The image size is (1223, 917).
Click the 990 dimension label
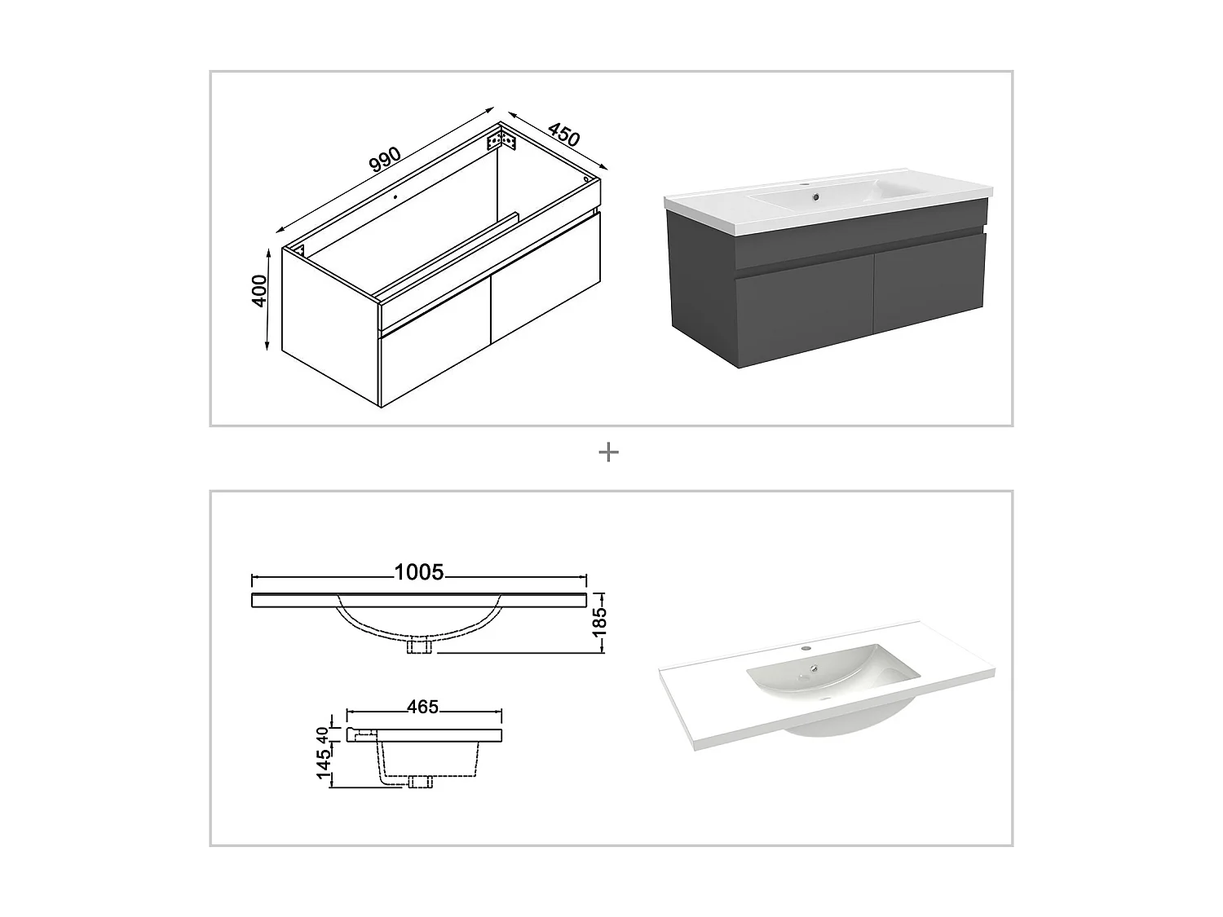tap(385, 160)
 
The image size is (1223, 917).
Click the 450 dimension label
tap(563, 134)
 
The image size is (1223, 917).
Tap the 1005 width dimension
tap(419, 572)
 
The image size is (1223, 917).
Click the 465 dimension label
tap(422, 707)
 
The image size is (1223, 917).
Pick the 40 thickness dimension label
tap(324, 734)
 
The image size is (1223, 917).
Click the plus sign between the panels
tap(608, 452)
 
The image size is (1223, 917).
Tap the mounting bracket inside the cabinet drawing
tap(501, 141)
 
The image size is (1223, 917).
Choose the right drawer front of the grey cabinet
tap(929, 281)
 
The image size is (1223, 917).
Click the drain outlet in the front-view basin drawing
tap(420, 646)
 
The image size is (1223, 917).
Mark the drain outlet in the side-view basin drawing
tap(420, 783)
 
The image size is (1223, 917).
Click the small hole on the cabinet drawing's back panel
tap(394, 196)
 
